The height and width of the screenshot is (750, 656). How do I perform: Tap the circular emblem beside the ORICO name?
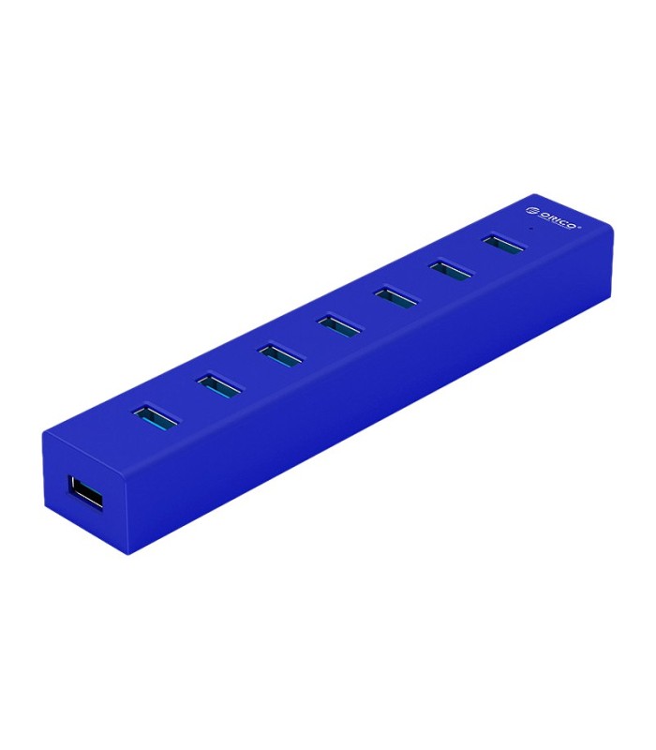tap(531, 210)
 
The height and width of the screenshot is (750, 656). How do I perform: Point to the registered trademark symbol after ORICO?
tap(580, 227)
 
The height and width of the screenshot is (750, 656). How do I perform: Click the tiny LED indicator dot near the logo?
tap(532, 229)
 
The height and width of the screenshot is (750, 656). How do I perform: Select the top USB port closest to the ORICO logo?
tap(504, 245)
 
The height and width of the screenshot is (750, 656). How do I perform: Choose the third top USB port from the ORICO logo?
tap(396, 297)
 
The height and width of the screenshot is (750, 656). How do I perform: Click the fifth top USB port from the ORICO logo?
tap(279, 354)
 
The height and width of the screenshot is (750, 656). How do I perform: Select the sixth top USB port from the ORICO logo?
tap(218, 385)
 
